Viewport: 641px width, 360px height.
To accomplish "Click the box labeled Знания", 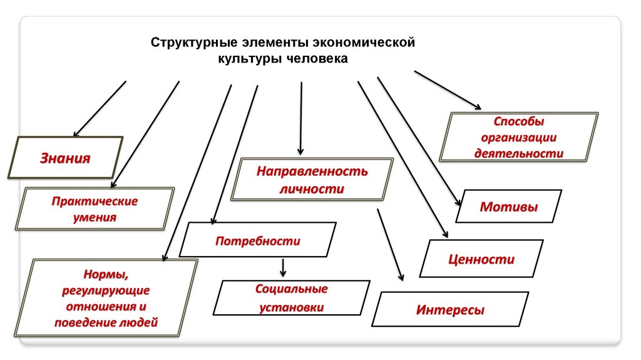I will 65,158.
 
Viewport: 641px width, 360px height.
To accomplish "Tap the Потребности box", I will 258,240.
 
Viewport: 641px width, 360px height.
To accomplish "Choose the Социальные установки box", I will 291,298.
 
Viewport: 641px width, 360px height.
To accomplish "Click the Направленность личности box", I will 312,180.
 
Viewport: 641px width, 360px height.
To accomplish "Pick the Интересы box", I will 450,310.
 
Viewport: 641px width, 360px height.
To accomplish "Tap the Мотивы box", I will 508,207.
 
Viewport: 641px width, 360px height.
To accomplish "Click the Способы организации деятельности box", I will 519,136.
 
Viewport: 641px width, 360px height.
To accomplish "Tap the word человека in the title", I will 316,59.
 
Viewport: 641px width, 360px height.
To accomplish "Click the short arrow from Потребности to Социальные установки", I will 283,268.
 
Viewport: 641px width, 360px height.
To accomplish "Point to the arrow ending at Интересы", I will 390,244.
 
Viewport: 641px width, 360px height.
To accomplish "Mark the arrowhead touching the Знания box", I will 77,133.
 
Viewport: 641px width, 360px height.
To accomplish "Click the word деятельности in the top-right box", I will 518,152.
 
